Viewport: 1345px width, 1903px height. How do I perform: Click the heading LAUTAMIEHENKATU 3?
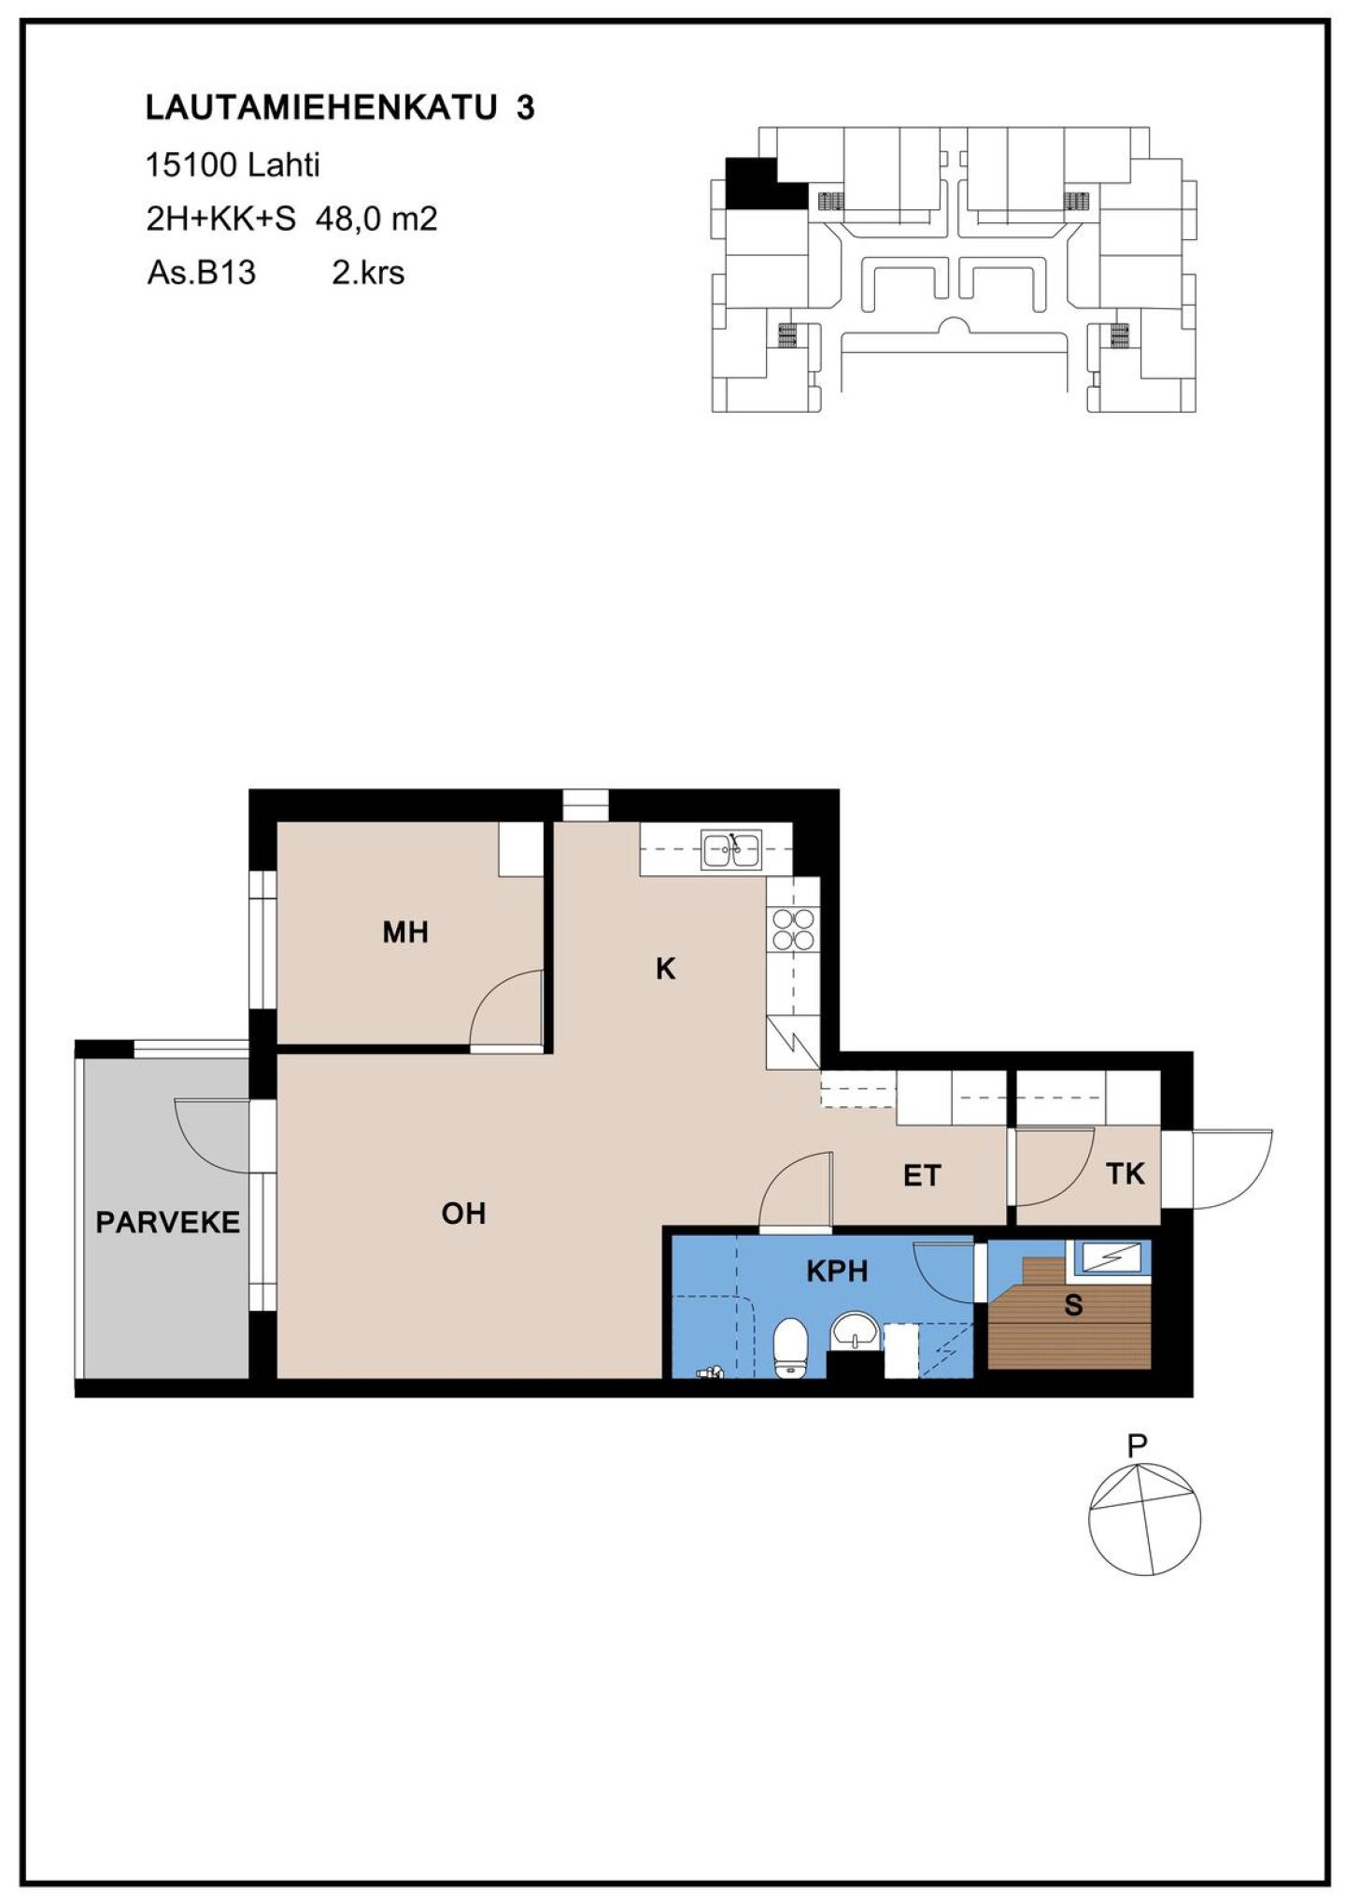coord(340,107)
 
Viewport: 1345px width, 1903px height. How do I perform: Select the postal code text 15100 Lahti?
coord(233,165)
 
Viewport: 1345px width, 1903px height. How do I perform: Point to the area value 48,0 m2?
coord(376,220)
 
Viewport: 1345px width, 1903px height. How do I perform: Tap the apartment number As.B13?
coord(201,273)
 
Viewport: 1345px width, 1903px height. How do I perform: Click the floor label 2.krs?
coord(368,273)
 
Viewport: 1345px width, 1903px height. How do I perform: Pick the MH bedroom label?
coord(405,931)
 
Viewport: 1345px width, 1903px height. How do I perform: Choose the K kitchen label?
coord(665,969)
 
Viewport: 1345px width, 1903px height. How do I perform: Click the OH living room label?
coord(463,1214)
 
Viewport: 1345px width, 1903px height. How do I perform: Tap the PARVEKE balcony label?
coord(168,1222)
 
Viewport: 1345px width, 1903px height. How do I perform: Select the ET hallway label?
coord(922,1175)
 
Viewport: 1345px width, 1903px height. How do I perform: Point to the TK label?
coord(1125,1173)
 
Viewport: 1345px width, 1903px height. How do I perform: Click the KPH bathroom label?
coord(837,1271)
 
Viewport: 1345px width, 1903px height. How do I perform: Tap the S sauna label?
coord(1073,1305)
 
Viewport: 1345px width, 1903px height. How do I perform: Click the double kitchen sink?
coord(732,849)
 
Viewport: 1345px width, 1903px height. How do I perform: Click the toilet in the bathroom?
coord(790,1347)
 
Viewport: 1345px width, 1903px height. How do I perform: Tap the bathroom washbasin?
coord(854,1330)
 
